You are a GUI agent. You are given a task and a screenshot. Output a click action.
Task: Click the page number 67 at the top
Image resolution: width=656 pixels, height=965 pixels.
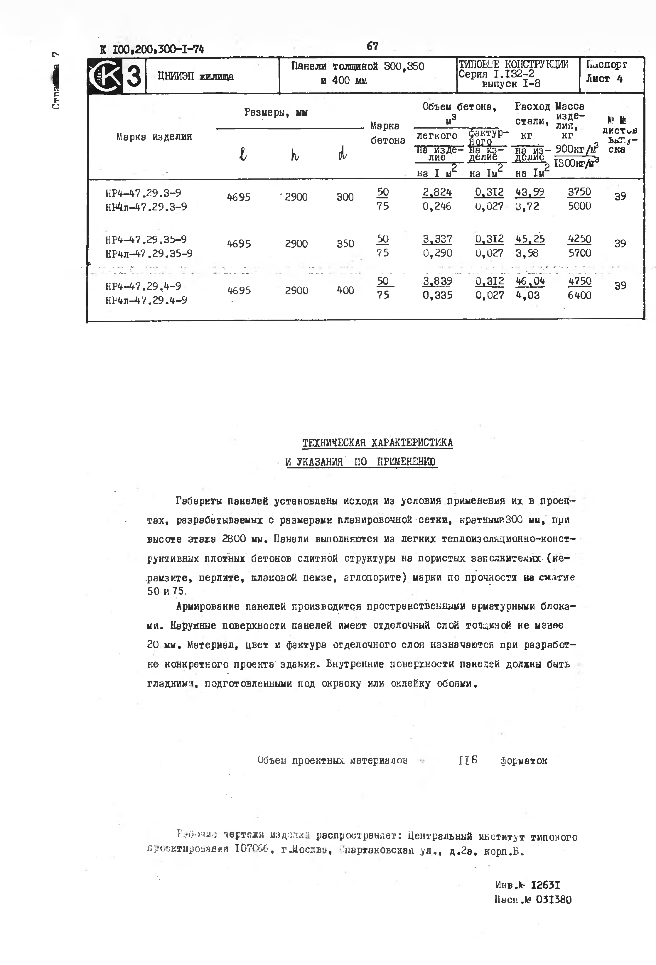pos(372,46)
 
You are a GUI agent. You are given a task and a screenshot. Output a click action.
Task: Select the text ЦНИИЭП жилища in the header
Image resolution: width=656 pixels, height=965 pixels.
pos(195,77)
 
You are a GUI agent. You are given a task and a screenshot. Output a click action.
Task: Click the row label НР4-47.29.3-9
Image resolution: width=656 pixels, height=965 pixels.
pos(143,193)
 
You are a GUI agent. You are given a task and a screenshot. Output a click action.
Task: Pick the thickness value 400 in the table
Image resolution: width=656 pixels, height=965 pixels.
pos(345,291)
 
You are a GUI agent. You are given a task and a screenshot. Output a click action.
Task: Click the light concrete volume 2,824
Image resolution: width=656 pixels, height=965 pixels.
pos(437,192)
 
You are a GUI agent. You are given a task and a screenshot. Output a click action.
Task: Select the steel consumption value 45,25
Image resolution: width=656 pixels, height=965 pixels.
pos(530,239)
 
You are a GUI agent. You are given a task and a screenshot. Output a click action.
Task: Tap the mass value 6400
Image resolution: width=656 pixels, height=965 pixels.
pos(579,296)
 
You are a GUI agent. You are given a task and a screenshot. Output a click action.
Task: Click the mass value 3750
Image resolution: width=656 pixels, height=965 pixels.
pos(579,192)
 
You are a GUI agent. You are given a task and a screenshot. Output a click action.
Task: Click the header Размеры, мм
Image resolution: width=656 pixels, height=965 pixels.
pos(276,112)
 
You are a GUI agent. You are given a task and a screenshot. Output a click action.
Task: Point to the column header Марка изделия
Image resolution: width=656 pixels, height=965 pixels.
pos(154,136)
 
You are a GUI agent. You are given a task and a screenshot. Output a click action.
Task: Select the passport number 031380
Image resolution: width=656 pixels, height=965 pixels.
pos(554,900)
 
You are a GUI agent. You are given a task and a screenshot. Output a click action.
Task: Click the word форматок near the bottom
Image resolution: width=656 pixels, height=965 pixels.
pos(524,761)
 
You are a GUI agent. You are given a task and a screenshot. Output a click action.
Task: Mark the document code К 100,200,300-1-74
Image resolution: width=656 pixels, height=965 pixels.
pos(152,49)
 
